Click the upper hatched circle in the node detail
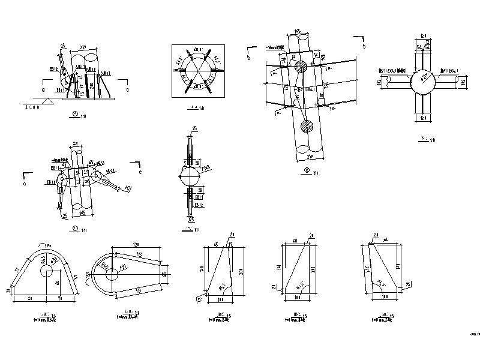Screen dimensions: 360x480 click(304, 67)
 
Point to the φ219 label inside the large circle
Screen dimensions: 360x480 click(425, 77)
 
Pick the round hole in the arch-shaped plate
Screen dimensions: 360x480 click(46, 271)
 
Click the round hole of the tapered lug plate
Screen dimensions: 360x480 click(112, 275)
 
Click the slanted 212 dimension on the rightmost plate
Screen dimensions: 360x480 click(367, 269)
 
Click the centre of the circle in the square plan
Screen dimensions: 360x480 click(198, 71)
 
